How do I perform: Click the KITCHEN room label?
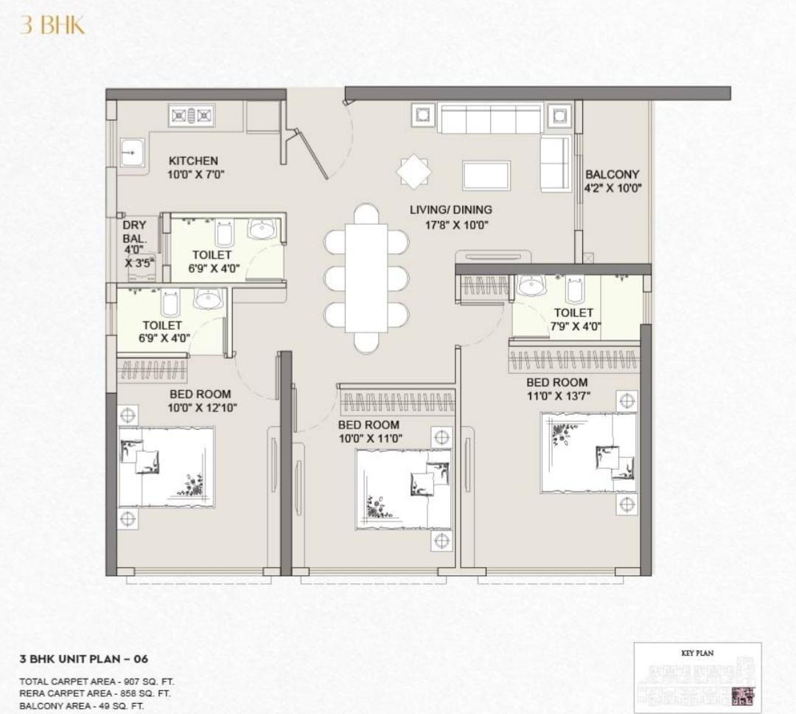[x=193, y=161]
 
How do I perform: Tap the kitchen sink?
[x=133, y=152]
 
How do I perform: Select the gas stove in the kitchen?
[x=192, y=116]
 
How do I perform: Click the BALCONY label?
[x=612, y=174]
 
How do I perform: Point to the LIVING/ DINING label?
[x=451, y=209]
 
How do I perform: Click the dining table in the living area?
[x=366, y=279]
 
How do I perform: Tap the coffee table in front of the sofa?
[x=486, y=176]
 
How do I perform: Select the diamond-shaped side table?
[x=414, y=172]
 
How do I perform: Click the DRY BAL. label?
[x=135, y=232]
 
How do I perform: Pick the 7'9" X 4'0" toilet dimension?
[x=576, y=326]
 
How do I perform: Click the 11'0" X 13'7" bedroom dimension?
[x=559, y=396]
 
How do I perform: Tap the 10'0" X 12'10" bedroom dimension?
[x=203, y=408]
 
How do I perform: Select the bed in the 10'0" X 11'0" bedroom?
[x=404, y=490]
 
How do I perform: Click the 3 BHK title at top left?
[x=52, y=25]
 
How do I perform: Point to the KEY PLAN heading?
[x=697, y=653]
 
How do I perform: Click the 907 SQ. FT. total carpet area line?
[x=97, y=682]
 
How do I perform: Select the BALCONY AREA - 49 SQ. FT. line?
[x=81, y=706]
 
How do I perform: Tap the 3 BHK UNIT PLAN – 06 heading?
[x=84, y=659]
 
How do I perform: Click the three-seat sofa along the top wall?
[x=490, y=119]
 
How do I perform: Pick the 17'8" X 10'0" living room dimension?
[x=456, y=225]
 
